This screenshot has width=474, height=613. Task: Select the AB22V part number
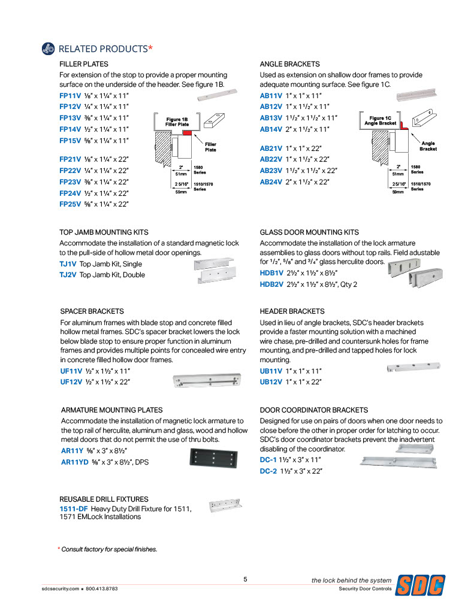coord(271,159)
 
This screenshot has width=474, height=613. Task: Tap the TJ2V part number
coord(68,275)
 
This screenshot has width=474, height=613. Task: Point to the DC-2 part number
coord(268,471)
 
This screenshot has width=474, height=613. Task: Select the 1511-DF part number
coord(74,509)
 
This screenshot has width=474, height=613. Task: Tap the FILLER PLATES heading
coord(84,63)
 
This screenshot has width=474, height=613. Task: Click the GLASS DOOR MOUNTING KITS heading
coord(309,232)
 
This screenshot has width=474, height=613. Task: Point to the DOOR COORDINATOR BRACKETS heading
coord(314,410)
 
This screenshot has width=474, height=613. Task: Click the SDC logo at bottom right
coord(422,584)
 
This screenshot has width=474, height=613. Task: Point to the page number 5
coord(246,579)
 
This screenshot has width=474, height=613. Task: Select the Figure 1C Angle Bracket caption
coord(381,121)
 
